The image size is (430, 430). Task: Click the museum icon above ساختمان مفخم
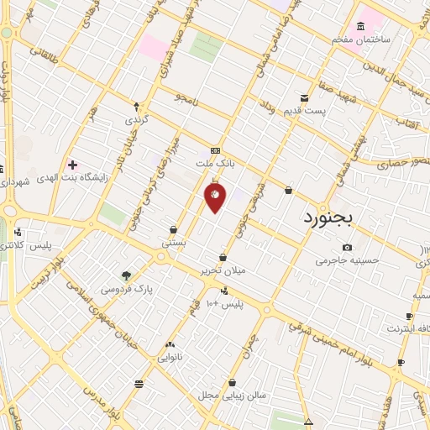361,25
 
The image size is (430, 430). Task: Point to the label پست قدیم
303,112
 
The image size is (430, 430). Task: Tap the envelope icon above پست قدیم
305,98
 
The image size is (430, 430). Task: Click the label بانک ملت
212,162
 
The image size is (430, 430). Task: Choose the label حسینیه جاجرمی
348,261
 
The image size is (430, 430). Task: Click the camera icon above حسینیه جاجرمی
348,247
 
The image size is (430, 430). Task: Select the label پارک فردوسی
127,289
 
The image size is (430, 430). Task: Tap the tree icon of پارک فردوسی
126,275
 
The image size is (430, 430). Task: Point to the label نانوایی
170,357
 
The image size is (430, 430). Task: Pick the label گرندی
136,120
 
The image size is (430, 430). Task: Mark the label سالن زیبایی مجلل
232,394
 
